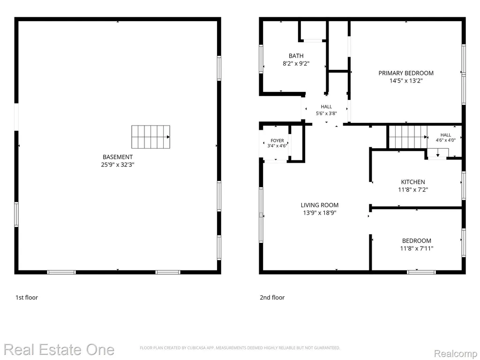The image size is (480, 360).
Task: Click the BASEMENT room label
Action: tap(118, 157)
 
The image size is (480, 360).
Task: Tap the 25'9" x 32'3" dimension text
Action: tap(118, 165)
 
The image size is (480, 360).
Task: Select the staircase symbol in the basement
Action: tap(150, 137)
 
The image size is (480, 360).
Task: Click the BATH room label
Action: tap(296, 56)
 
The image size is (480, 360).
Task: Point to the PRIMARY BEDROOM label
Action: tap(406, 73)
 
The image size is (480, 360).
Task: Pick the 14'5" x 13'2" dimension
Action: tap(406, 81)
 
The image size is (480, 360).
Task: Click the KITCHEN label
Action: tap(413, 182)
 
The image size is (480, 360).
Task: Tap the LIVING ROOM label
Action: tap(320, 205)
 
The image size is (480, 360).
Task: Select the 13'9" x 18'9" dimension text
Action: tap(320, 213)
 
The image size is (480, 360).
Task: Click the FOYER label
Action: tap(277, 141)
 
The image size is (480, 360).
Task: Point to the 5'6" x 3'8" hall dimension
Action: tap(326, 113)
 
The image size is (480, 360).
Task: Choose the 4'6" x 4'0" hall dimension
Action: tap(446, 140)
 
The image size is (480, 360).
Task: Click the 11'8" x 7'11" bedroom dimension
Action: tap(417, 248)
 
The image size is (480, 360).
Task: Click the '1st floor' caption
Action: tap(27, 298)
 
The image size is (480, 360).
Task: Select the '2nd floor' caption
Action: tap(272, 298)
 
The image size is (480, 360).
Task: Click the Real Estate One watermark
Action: tap(59, 350)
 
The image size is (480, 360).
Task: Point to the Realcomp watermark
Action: tap(456, 353)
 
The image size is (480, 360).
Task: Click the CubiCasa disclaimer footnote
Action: tap(240, 348)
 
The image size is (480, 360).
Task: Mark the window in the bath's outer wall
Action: tap(261, 59)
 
